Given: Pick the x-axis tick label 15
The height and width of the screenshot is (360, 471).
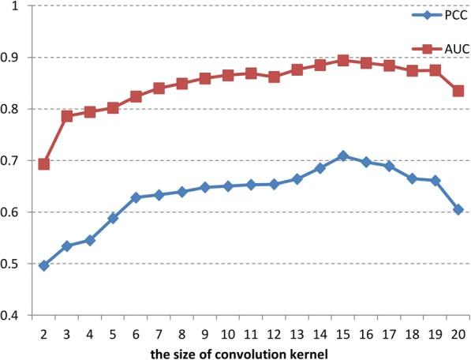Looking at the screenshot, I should coord(342,332).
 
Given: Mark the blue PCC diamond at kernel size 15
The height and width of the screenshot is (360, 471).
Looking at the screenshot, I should coord(342,156).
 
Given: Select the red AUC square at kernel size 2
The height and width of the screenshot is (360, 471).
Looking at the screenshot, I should coord(43,164).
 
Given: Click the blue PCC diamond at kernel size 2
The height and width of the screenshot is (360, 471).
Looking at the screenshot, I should coord(43,266).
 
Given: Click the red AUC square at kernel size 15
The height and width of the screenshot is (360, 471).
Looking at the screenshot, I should coord(342,60).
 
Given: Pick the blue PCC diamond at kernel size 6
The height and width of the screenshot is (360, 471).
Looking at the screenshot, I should coord(136,197).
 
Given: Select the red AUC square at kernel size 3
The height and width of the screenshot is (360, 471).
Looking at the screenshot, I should coord(67,116).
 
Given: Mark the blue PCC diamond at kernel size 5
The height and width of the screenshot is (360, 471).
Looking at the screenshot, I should coord(113,218).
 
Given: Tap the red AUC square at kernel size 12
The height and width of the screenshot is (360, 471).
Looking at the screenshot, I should coord(274,77).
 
